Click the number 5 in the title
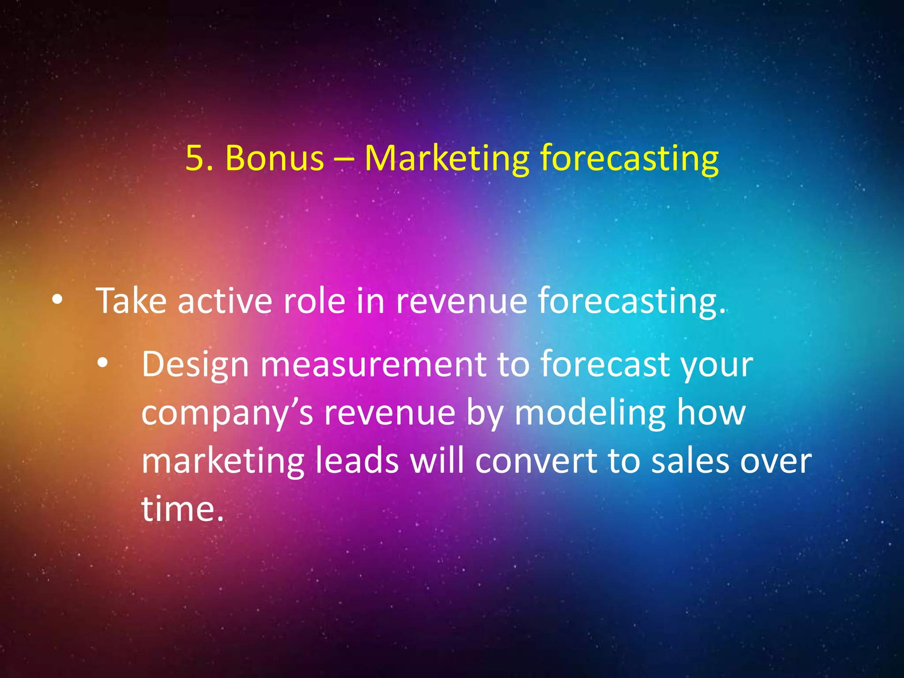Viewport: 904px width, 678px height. coord(194,158)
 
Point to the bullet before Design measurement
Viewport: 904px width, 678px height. coord(102,363)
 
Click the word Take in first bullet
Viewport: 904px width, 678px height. coord(131,301)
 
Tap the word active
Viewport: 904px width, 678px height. coord(225,301)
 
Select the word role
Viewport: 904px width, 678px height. coord(314,301)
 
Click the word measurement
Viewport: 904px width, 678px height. coord(373,365)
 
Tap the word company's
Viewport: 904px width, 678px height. coord(227,414)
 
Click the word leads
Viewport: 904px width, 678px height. coord(357,461)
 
